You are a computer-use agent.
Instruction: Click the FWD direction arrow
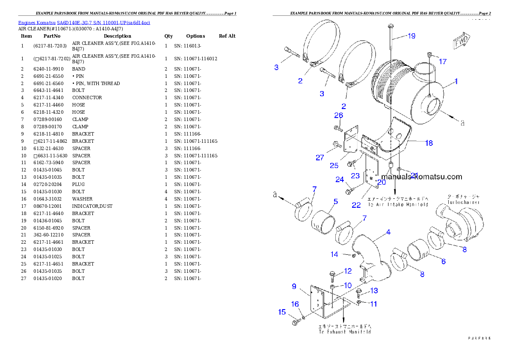pyautogui.click(x=461, y=41)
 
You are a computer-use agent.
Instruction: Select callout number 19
pyautogui.click(x=411, y=36)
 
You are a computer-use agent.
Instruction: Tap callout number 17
pyautogui.click(x=443, y=62)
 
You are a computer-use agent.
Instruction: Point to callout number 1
pyautogui.click(x=456, y=81)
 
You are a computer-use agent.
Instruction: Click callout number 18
pyautogui.click(x=429, y=143)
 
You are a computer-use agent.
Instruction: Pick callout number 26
pyautogui.click(x=338, y=115)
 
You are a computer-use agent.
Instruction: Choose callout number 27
pyautogui.click(x=320, y=157)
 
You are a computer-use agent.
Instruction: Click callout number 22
pyautogui.click(x=356, y=205)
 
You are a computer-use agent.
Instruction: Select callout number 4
pyautogui.click(x=388, y=232)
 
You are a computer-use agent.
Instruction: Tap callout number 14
pyautogui.click(x=334, y=254)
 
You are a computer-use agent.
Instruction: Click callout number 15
pyautogui.click(x=282, y=312)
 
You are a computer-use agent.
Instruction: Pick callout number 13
pyautogui.click(x=374, y=291)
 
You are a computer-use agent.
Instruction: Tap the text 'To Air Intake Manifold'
pyautogui.click(x=398, y=205)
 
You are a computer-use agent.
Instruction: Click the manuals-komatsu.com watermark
pyautogui.click(x=421, y=177)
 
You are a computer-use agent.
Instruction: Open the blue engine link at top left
pyautogui.click(x=84, y=23)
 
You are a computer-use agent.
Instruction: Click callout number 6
pyautogui.click(x=443, y=261)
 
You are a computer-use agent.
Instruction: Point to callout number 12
pyautogui.click(x=348, y=271)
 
